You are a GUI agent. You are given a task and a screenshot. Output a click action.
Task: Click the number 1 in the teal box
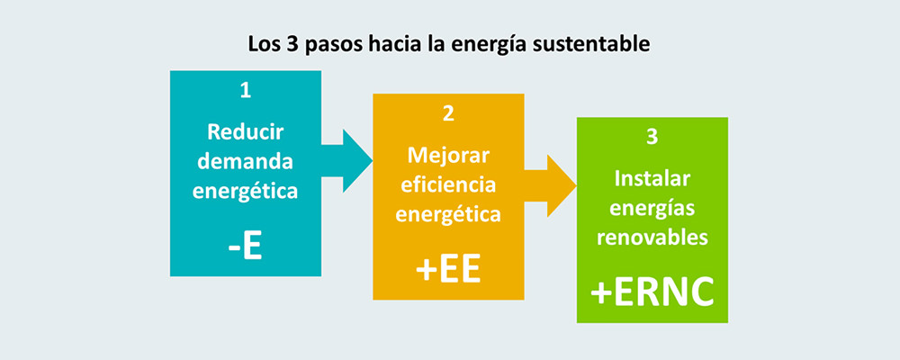[x=245, y=91]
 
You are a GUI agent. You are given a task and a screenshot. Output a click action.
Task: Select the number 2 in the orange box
[x=448, y=113]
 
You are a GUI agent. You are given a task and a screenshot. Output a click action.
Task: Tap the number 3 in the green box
[x=652, y=138]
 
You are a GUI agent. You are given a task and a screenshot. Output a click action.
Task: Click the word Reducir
[x=245, y=131]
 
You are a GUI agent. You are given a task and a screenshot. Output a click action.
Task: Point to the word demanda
[x=245, y=161]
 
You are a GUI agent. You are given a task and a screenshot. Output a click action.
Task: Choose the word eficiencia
[x=448, y=184]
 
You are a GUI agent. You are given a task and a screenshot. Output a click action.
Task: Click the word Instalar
[x=652, y=178]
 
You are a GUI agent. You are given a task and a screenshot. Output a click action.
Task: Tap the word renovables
[x=652, y=237]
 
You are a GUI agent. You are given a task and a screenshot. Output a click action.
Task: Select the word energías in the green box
[x=652, y=209]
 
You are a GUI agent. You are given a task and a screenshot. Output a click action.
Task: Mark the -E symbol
[x=245, y=247]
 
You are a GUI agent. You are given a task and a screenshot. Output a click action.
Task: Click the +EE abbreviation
[x=448, y=270]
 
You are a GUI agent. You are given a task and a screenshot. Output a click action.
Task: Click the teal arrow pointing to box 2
[x=346, y=161]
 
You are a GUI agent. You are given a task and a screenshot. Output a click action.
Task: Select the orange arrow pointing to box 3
[x=550, y=186]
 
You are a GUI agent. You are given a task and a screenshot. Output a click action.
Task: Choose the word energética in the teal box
[x=245, y=191]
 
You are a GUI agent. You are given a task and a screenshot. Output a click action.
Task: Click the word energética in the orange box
[x=448, y=215]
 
